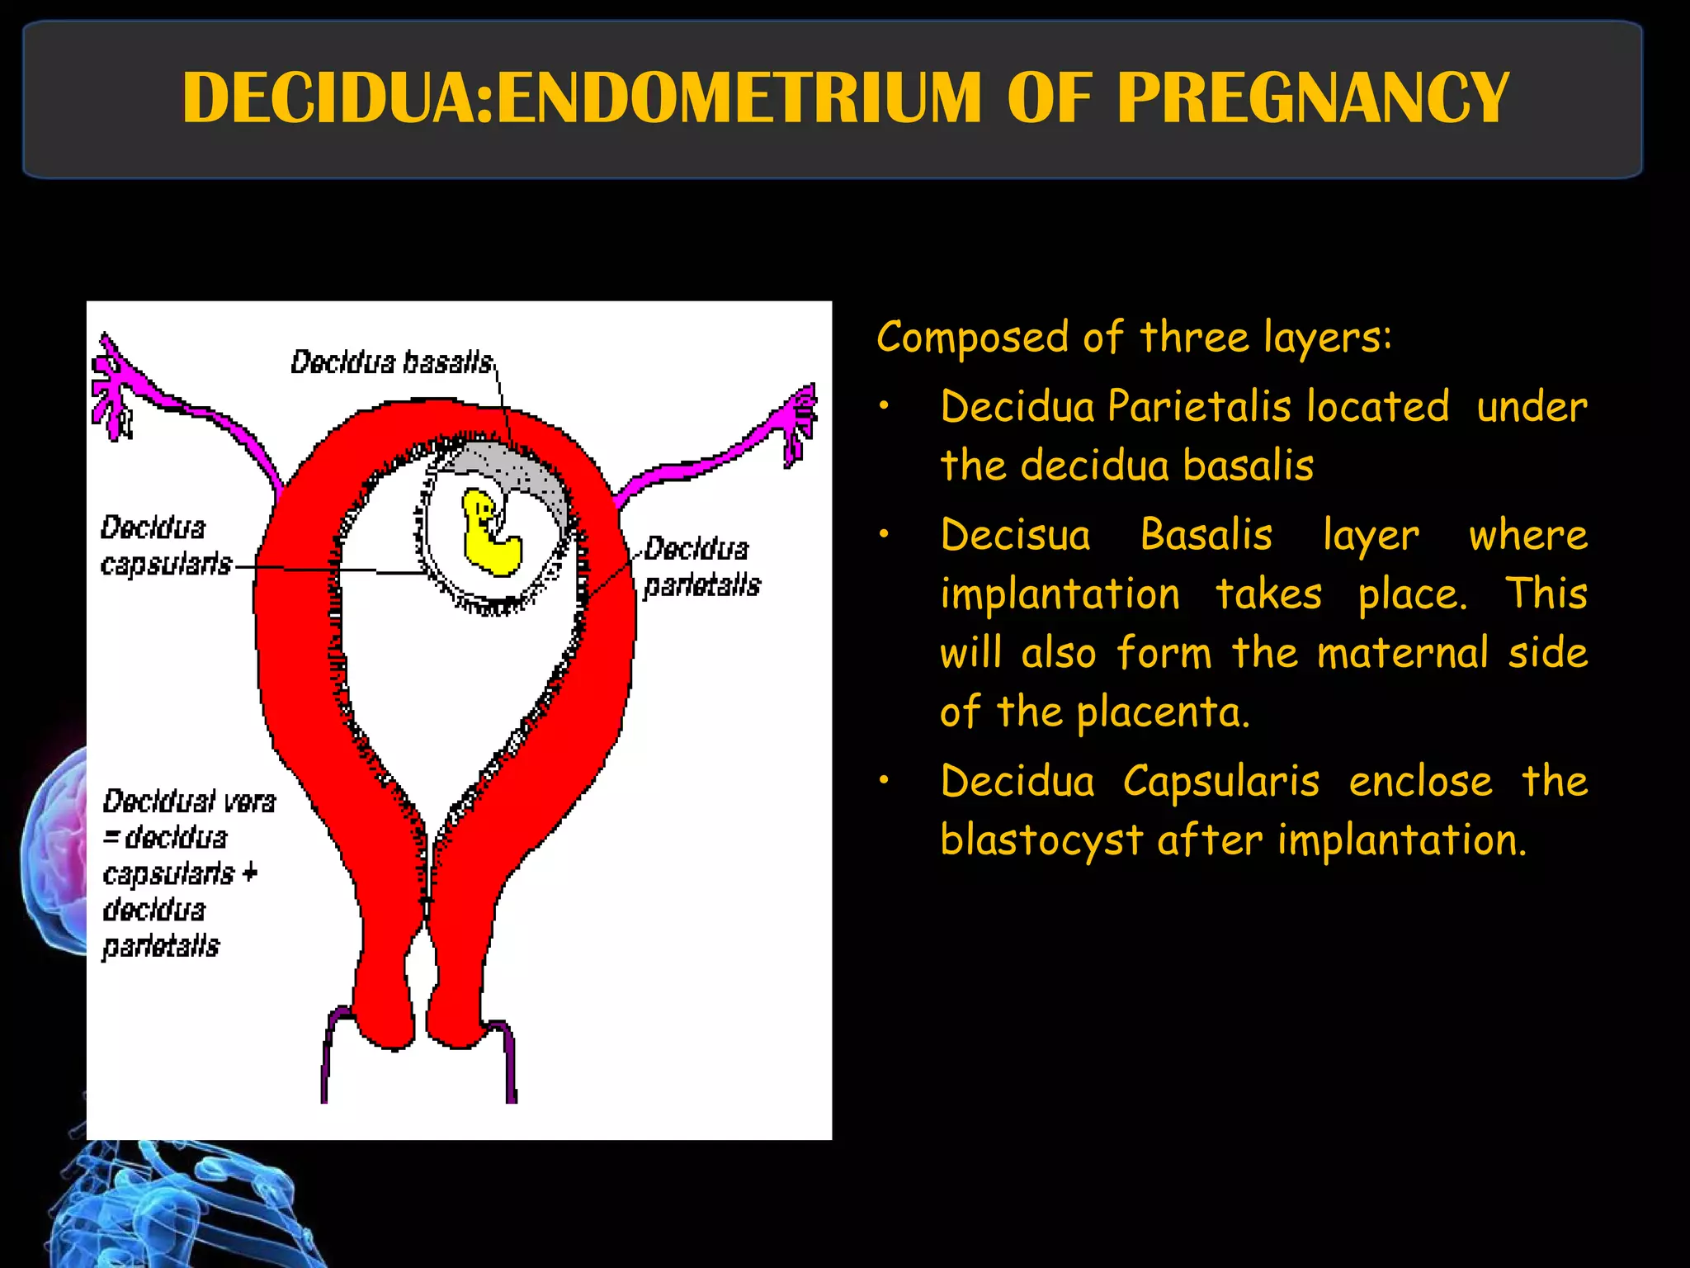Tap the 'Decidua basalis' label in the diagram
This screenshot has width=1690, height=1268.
coord(391,362)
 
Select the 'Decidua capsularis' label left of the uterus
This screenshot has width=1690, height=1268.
coord(165,545)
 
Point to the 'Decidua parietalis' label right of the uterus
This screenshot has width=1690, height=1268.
coord(701,566)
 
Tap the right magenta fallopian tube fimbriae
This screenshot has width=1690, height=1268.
coord(797,421)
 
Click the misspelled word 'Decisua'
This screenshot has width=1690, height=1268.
coord(1015,535)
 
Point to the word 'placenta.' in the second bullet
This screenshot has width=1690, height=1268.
coord(1163,712)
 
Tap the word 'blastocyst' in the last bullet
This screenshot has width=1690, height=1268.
coord(1041,840)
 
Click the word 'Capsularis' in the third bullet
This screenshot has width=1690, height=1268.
coord(1220,781)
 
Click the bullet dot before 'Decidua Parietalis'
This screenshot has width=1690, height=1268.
coord(884,406)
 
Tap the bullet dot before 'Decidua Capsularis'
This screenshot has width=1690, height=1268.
coord(884,781)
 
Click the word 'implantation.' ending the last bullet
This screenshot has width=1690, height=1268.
coord(1402,840)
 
